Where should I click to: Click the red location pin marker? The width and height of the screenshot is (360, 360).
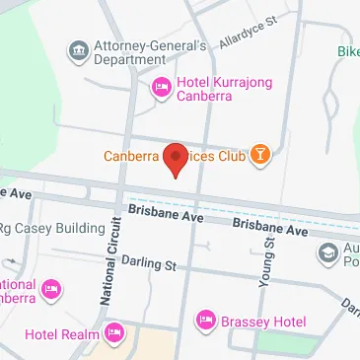point(176,158)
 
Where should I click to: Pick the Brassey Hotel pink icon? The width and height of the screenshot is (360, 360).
point(206,321)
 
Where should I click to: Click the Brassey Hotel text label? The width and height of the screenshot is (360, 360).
point(263,321)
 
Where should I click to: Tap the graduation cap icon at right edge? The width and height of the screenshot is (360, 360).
point(327,253)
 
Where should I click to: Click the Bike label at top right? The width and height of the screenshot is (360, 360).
point(347,51)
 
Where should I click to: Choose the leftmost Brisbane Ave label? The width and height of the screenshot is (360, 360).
point(165,210)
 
